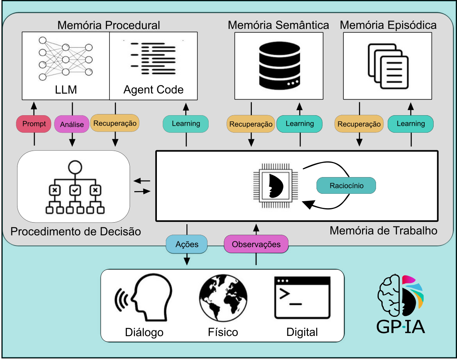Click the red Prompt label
click(34, 124)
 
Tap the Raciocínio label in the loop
click(346, 186)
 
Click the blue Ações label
click(187, 244)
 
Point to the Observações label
click(256, 244)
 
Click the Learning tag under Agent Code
click(186, 124)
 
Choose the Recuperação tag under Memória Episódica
click(359, 124)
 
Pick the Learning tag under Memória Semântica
click(300, 124)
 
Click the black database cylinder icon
click(279, 65)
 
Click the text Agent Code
click(153, 90)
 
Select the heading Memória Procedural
click(109, 25)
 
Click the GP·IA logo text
click(401, 326)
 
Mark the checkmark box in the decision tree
click(75, 191)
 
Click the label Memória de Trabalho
click(383, 230)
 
